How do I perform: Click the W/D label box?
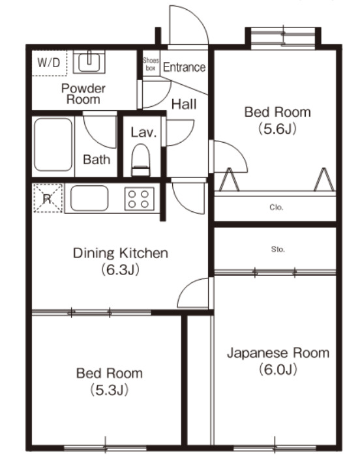click(48, 63)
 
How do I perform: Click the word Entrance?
click(184, 67)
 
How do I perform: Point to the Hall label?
click(184, 103)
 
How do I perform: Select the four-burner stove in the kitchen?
click(139, 198)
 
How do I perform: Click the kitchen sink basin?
click(89, 198)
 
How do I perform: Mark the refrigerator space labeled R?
click(48, 199)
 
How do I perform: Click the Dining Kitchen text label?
click(121, 253)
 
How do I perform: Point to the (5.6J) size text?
click(277, 128)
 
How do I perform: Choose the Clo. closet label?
click(277, 208)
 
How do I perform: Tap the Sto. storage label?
click(277, 248)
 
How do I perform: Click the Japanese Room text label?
click(278, 353)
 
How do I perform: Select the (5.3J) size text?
click(109, 390)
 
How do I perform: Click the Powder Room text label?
click(83, 93)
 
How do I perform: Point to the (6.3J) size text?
click(121, 269)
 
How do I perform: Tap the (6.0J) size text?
click(278, 370)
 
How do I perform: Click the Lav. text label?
click(143, 132)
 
